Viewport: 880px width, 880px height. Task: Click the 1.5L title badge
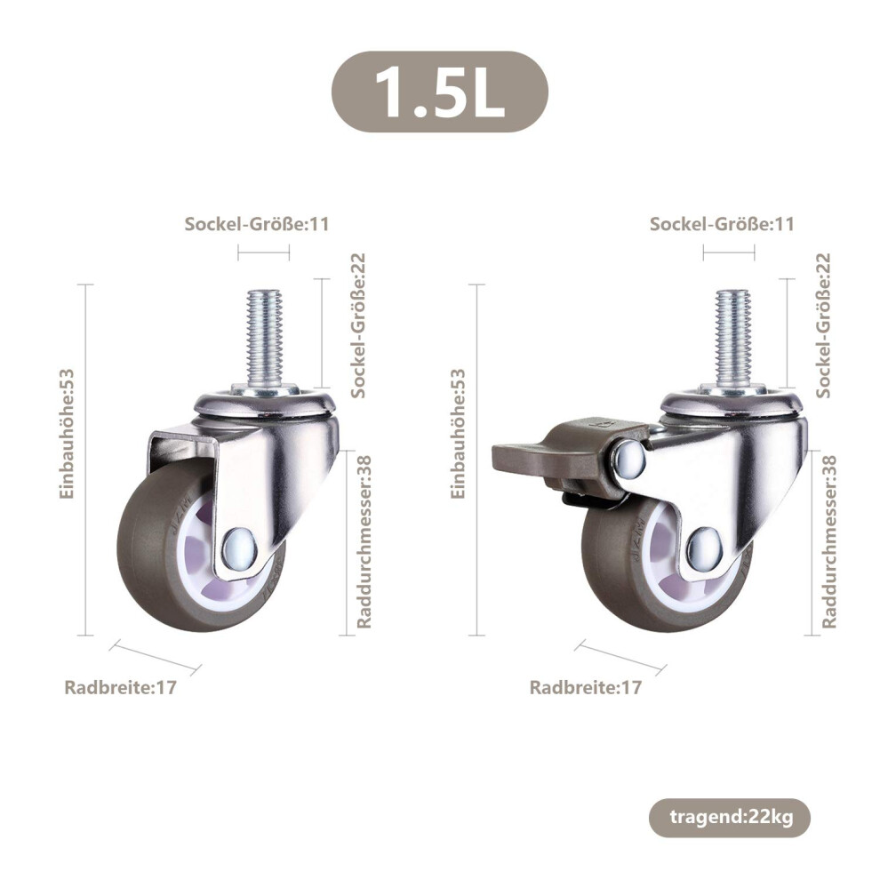point(440,92)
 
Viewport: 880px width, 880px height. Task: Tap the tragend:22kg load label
point(730,817)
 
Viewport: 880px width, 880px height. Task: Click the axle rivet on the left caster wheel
point(240,548)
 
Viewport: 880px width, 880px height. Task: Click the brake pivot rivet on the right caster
point(629,458)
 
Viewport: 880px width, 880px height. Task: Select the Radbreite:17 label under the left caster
point(121,687)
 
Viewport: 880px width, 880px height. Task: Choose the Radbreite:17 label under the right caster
point(586,687)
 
